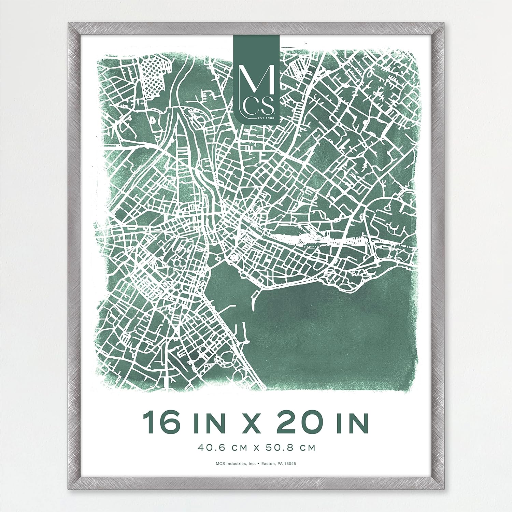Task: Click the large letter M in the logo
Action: pos(257,80)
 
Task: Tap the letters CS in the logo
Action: pos(260,106)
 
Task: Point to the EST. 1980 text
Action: pos(266,118)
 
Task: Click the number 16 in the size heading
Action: pos(161,423)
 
